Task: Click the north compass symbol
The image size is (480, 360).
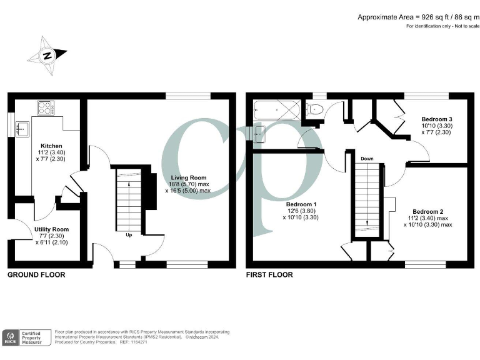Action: [47, 54]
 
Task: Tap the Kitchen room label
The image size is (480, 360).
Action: [51, 146]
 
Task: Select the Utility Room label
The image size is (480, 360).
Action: [51, 229]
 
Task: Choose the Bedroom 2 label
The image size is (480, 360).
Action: [427, 211]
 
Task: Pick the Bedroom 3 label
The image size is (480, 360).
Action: [436, 119]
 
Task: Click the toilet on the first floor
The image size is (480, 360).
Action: [315, 110]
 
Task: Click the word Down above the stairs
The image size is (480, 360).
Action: [367, 159]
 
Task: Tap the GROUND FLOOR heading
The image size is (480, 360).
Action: [36, 274]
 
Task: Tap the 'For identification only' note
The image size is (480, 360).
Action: [441, 26]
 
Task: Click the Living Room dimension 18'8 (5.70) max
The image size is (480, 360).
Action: [192, 184]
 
